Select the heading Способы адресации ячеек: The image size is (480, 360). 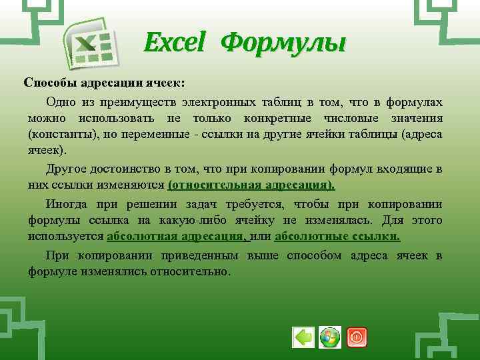(105, 83)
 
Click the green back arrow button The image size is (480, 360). (304, 337)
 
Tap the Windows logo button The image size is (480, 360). (330, 337)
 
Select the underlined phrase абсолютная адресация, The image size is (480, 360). (177, 237)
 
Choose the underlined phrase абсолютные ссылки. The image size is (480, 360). (337, 237)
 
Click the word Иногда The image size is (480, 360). (66, 203)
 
